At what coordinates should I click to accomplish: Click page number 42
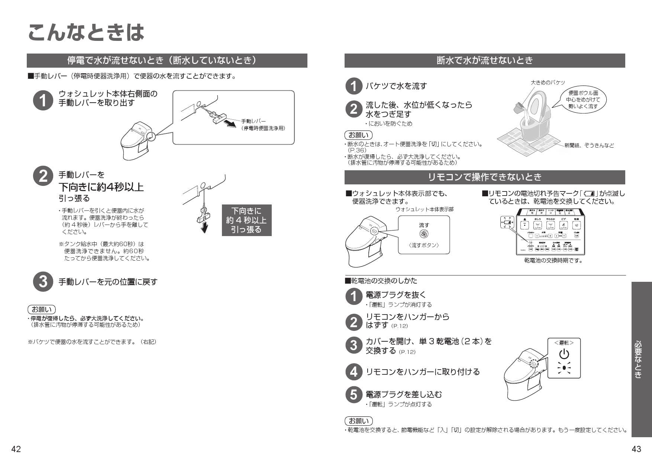[x=16, y=449]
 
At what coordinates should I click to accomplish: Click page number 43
[x=636, y=449]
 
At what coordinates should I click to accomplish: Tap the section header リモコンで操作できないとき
[x=484, y=177]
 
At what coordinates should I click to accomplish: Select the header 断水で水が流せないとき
[x=484, y=61]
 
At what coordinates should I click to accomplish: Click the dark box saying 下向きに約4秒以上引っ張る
[x=246, y=220]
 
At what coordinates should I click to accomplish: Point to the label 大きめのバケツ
[x=548, y=83]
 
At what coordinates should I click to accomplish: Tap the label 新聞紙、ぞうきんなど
[x=589, y=145]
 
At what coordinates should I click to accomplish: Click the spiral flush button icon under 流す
[x=424, y=234]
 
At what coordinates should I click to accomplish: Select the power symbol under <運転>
[x=564, y=354]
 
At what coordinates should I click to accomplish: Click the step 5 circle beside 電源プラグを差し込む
[x=354, y=395]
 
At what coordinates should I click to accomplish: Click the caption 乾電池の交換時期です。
[x=553, y=261]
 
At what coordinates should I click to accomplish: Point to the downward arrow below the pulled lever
[x=204, y=227]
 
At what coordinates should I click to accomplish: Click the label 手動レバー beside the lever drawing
[x=253, y=121]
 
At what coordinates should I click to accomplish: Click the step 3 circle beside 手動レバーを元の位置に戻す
[x=43, y=282]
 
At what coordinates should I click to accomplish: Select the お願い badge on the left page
[x=42, y=309]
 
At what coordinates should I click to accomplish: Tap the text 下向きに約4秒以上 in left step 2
[x=101, y=187]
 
